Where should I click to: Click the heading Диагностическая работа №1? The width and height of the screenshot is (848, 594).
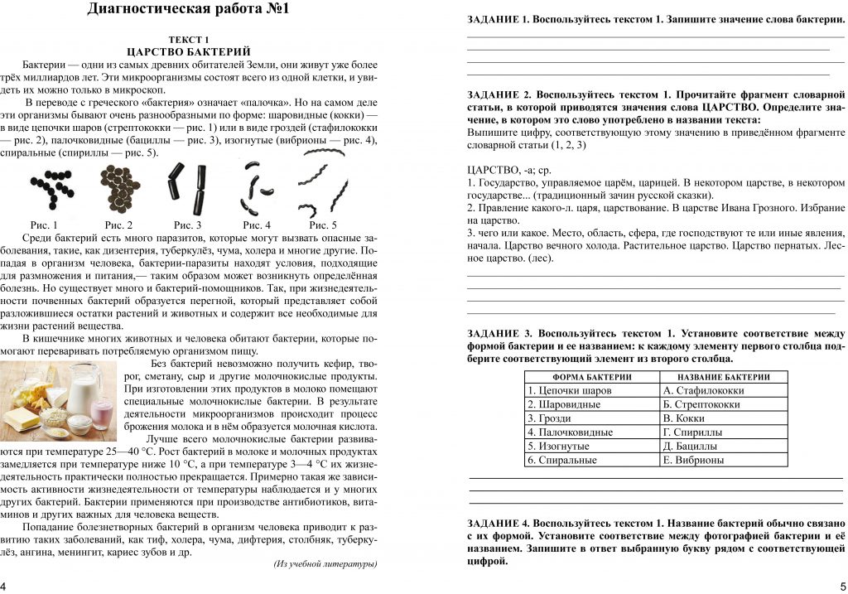point(189,11)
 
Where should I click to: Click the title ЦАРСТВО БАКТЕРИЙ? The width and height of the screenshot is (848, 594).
point(189,51)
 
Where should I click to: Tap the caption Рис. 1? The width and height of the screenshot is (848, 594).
point(44,225)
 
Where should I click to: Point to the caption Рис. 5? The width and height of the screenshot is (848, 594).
point(323,225)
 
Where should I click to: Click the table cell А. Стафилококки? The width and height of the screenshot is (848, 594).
point(723,390)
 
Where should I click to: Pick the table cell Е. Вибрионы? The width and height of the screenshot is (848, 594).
point(723,460)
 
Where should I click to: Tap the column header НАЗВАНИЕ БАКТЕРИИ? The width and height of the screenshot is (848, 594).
point(723,377)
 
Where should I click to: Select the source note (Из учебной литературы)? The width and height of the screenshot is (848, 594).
point(325,564)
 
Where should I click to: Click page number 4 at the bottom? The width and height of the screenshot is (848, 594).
point(4,586)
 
